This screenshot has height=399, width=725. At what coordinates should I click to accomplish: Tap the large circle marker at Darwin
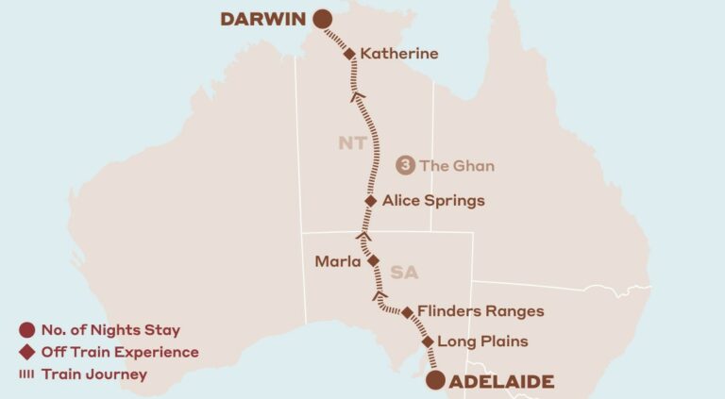coord(323,19)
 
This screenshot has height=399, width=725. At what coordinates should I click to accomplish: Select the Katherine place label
coord(399,54)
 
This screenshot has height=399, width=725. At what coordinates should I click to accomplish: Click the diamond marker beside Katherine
coord(349,54)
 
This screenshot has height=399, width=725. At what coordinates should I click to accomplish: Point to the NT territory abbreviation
coord(352,143)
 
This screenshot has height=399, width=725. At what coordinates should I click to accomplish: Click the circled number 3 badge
coord(406,165)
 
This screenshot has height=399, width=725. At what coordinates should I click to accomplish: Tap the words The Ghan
coord(457,165)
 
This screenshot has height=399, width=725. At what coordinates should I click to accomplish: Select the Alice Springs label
coord(433,200)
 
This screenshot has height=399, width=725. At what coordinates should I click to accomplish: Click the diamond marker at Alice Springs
coord(371,200)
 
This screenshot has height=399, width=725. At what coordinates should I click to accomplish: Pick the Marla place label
coord(338,261)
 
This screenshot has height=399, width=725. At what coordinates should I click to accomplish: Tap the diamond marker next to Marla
coord(373,260)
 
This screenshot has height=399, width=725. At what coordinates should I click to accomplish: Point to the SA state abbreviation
coord(404,272)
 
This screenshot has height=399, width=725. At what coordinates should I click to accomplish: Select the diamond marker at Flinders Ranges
coord(407,312)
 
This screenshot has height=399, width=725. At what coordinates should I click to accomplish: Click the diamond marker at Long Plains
coord(428,341)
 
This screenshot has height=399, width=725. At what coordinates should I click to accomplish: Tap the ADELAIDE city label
coord(502,381)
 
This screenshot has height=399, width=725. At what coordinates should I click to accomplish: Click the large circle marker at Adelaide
coord(434,380)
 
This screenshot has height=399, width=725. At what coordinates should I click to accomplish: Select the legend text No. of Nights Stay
coord(110,330)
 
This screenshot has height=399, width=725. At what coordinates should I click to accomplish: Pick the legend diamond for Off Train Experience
coord(26,352)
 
